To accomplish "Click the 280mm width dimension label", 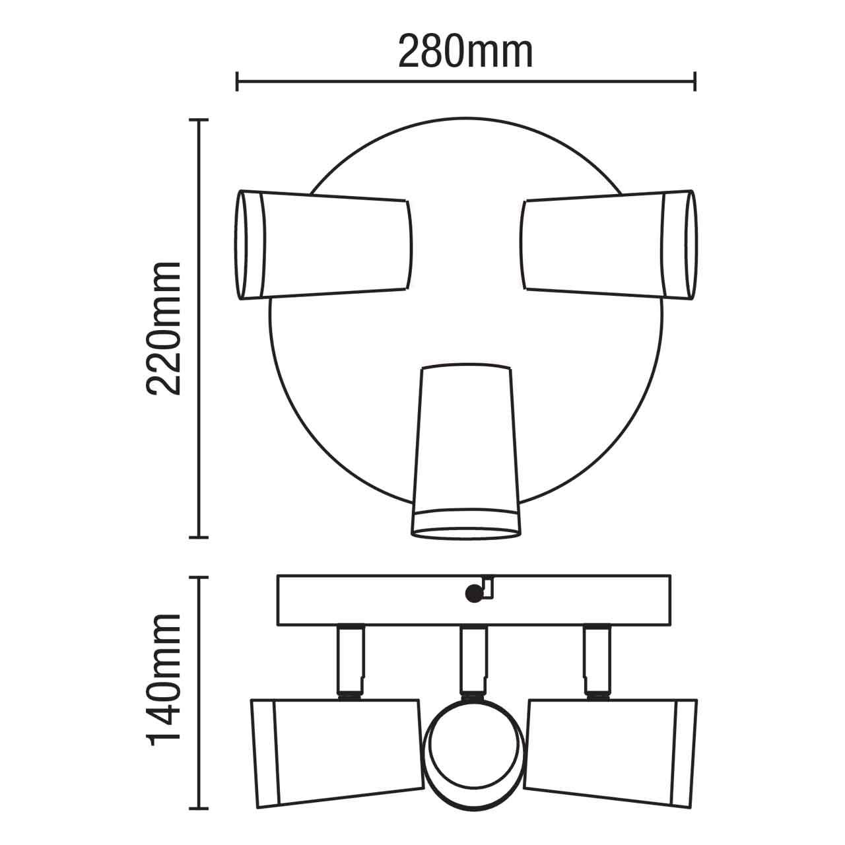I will click(465, 52).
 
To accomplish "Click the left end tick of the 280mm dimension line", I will click(237, 83).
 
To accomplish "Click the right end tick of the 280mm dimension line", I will click(694, 83).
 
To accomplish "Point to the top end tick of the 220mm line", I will click(199, 120).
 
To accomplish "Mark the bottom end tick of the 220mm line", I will click(199, 537).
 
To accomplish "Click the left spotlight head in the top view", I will click(323, 244).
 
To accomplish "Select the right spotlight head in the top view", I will click(607, 244).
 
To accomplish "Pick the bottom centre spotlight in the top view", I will click(465, 449).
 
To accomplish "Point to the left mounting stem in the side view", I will click(349, 660).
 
